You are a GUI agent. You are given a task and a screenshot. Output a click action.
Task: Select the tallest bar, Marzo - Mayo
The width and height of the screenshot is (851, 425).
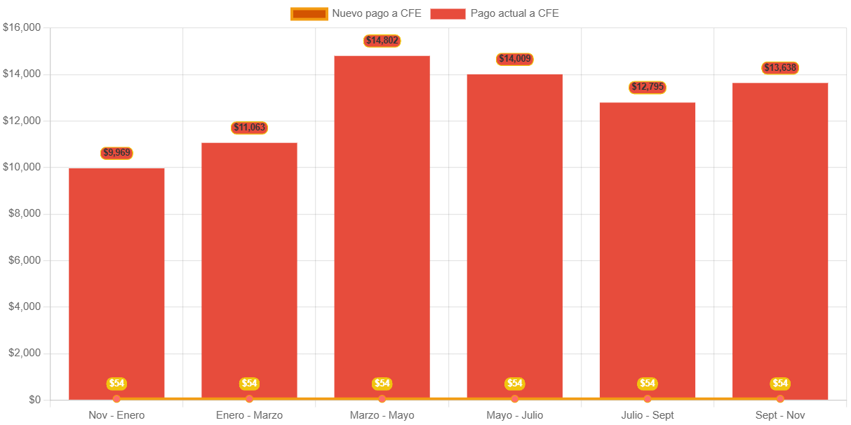pos(382,224)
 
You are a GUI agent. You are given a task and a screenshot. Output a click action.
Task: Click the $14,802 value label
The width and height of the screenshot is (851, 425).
pos(382,41)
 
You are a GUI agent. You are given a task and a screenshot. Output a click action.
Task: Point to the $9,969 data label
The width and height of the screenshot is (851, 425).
pos(116,153)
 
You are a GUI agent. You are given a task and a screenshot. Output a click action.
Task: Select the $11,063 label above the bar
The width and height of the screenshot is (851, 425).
pos(249,128)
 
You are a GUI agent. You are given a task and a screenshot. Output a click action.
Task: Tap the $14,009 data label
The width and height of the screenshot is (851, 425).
pos(515,59)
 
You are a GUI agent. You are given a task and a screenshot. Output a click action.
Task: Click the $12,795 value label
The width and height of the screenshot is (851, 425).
pos(648,88)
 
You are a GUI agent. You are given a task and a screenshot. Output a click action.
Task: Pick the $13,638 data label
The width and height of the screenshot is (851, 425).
pos(780,68)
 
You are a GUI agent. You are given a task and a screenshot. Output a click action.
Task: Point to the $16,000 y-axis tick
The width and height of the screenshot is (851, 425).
pos(22,27)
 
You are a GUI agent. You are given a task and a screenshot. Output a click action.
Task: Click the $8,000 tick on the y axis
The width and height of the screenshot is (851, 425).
pos(25,213)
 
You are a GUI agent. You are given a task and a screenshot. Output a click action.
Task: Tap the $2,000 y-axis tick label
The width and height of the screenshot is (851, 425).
pos(25,353)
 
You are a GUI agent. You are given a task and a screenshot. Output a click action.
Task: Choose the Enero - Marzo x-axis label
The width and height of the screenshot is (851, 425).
pos(249,415)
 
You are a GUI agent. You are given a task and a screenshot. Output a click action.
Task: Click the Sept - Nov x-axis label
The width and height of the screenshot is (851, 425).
pos(780,415)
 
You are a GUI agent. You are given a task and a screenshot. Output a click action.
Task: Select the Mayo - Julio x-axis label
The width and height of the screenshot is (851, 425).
pos(515,415)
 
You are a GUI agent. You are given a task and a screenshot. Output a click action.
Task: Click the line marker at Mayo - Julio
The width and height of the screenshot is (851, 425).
pos(515,399)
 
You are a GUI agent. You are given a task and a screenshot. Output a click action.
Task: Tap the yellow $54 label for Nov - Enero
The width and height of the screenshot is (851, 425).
pos(116,384)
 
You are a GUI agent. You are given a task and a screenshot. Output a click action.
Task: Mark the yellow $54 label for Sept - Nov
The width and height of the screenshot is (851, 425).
pos(780,384)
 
